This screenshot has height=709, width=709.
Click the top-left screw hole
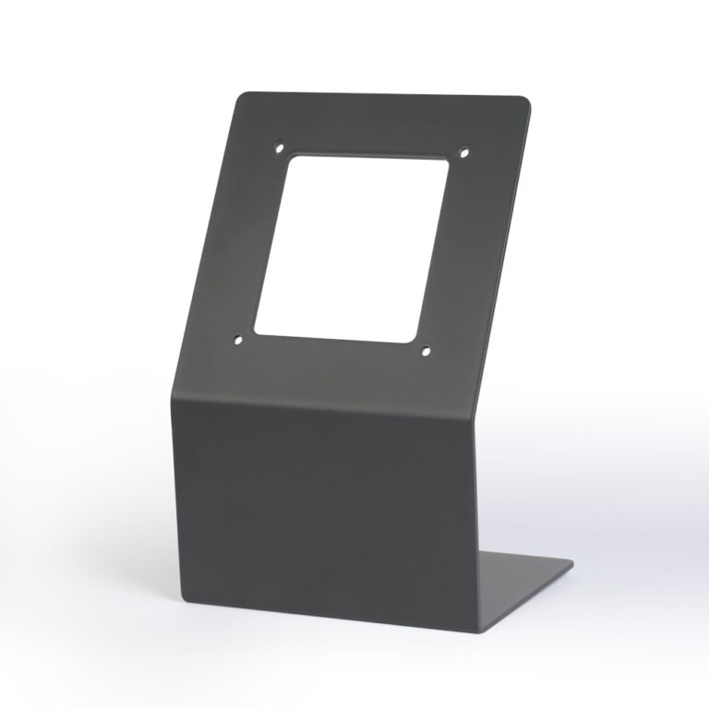280,146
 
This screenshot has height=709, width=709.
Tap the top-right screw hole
464,152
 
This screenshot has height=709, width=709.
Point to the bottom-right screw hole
426,350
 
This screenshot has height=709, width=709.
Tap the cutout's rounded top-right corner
448,165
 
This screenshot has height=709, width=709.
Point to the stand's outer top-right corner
531,101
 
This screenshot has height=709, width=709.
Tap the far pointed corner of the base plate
572,563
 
